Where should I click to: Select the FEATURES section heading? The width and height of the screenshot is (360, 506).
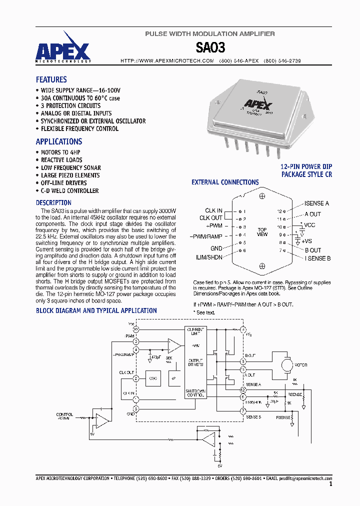click(x=51, y=79)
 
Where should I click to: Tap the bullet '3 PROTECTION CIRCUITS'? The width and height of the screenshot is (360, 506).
click(x=70, y=106)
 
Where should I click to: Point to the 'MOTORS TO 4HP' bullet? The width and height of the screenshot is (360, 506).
click(x=60, y=152)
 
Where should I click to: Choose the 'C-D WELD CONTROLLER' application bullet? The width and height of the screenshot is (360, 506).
click(x=69, y=191)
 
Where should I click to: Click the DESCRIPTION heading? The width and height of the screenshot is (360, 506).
click(x=53, y=203)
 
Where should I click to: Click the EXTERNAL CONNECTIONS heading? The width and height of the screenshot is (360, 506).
click(x=225, y=182)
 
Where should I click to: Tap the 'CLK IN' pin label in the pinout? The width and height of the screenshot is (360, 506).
click(x=213, y=211)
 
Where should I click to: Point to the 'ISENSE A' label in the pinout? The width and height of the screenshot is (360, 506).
click(x=316, y=203)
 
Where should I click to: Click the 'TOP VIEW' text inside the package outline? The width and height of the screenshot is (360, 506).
click(x=262, y=232)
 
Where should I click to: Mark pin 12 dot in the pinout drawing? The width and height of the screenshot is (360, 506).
click(x=284, y=211)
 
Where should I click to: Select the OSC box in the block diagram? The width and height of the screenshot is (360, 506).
click(x=153, y=378)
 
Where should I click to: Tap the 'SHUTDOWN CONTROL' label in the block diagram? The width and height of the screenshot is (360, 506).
click(x=195, y=393)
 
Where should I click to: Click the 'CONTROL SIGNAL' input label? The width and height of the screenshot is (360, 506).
click(x=64, y=416)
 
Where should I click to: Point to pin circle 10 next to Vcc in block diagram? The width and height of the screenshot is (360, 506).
click(x=135, y=329)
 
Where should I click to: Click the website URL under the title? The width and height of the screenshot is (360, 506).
click(x=167, y=60)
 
